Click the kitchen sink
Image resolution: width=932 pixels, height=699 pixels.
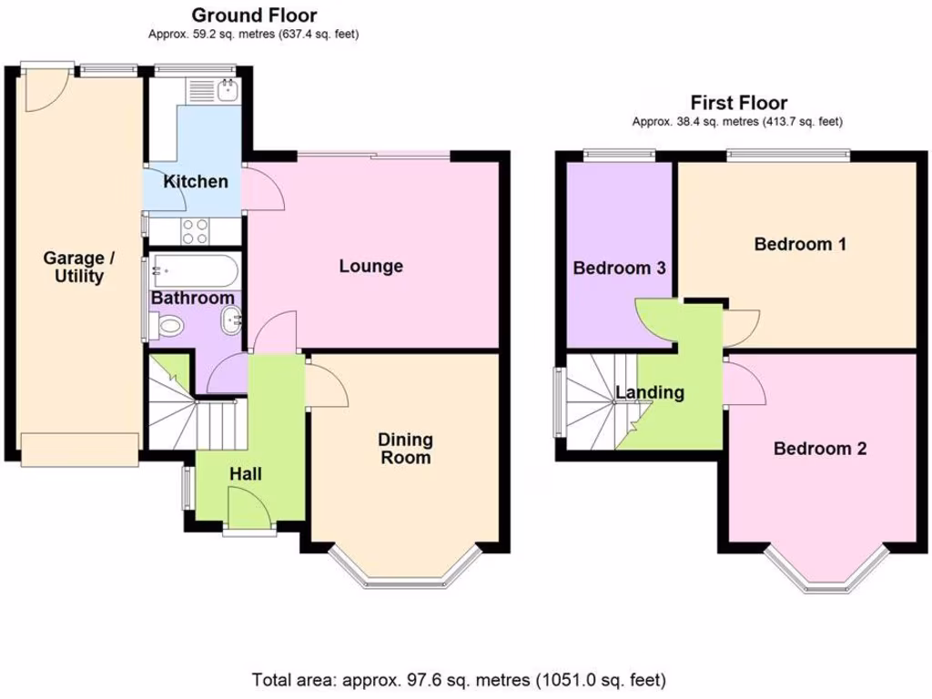[x=211, y=90]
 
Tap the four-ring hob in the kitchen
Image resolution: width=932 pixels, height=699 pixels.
[x=194, y=231]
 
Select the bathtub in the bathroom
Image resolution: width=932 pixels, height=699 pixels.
[x=195, y=269]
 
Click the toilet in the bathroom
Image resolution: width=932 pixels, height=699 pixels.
[x=167, y=325]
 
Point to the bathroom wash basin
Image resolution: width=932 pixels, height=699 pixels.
[x=231, y=319]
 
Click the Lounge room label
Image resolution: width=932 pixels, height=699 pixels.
[x=370, y=267]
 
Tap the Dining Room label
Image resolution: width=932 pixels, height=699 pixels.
[x=406, y=449]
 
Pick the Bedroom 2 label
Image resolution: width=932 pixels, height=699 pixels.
[x=819, y=448]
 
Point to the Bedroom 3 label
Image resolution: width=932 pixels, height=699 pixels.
[x=619, y=268]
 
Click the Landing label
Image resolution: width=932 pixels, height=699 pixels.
[x=650, y=393]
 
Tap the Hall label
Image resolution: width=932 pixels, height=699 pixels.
[x=246, y=474]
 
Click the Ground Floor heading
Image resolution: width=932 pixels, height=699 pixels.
[x=254, y=15]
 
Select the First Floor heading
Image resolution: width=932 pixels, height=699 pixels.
[x=738, y=103]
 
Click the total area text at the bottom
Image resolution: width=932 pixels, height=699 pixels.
[x=459, y=679]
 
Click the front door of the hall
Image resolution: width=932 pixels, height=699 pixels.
[x=248, y=508]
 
